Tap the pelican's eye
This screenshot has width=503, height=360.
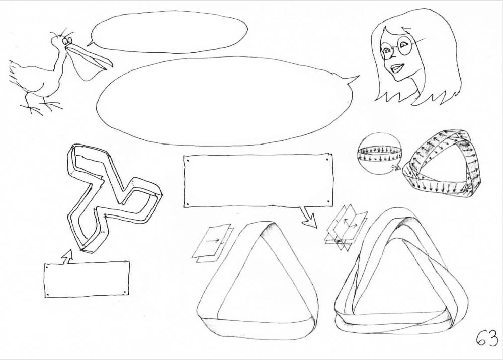(x=68, y=41)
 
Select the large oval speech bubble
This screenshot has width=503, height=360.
(x=224, y=101)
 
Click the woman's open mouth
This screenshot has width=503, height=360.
(x=397, y=68)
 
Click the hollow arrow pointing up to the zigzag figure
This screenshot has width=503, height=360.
(x=67, y=256)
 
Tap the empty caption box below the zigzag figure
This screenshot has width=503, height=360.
(x=87, y=279)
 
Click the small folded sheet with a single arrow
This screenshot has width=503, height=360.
(x=212, y=243)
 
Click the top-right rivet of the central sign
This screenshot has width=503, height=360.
(x=327, y=158)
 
